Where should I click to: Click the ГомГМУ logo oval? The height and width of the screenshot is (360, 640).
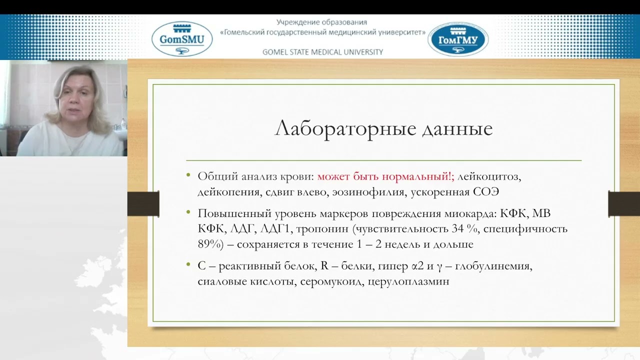point(458,39)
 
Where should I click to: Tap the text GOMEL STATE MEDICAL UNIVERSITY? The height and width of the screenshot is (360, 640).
point(322,52)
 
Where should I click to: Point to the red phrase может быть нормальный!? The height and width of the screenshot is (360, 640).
point(385,176)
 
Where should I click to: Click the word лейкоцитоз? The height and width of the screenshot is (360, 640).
point(489,176)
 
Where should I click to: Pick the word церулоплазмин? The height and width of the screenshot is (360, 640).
point(408,281)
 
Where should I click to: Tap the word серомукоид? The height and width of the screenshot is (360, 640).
point(333,281)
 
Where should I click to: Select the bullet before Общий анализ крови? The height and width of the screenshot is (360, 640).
point(188,175)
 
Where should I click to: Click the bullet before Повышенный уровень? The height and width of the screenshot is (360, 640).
point(188,212)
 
